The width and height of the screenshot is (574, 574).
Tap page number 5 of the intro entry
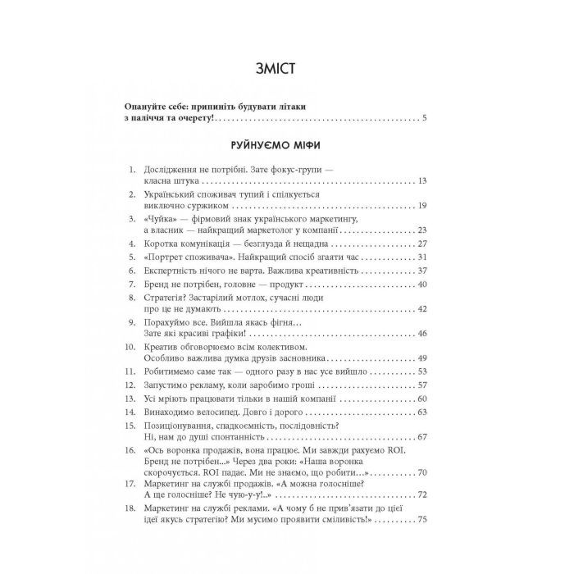pyautogui.click(x=425, y=121)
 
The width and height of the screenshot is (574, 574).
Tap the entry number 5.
pyautogui.click(x=132, y=257)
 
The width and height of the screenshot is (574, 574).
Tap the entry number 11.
pyautogui.click(x=130, y=372)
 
